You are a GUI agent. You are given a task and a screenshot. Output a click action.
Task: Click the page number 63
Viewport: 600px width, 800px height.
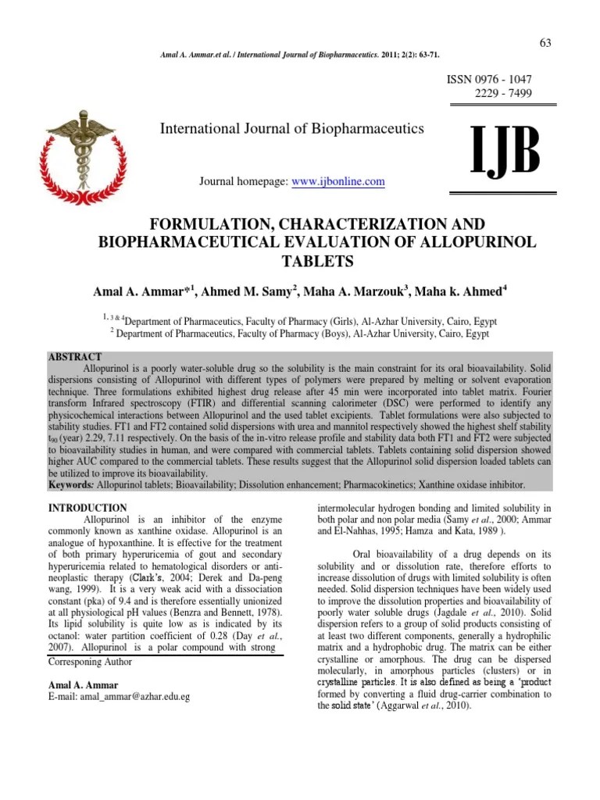click(545, 41)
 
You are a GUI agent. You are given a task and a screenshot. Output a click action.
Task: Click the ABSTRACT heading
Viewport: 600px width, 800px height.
click(75, 355)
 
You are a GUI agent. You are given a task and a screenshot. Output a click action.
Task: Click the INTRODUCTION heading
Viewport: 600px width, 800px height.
click(87, 508)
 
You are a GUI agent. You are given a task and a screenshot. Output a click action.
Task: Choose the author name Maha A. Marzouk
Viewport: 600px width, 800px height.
click(359, 291)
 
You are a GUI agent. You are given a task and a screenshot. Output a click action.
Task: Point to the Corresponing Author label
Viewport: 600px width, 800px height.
click(91, 662)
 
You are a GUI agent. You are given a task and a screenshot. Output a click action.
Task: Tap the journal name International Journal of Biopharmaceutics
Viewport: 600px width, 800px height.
click(291, 128)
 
